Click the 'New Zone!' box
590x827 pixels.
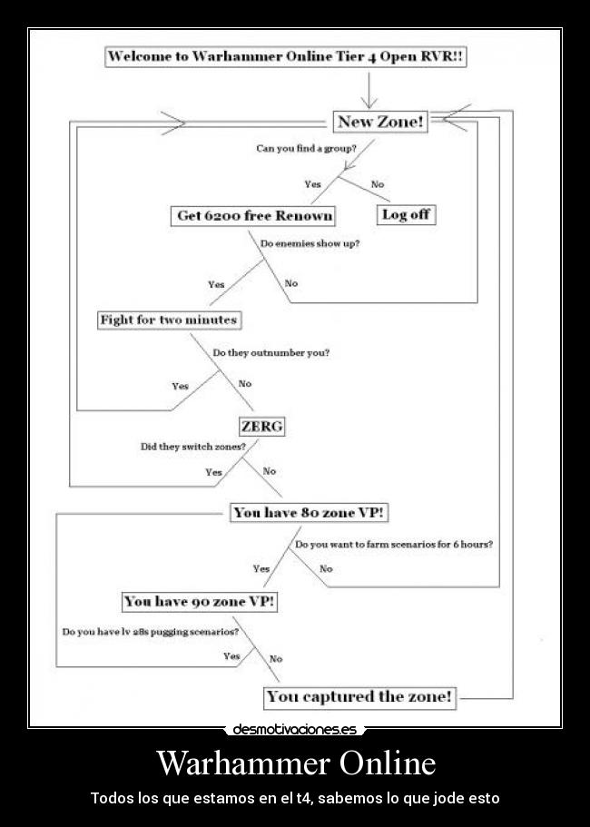[380, 122]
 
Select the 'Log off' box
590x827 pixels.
[406, 215]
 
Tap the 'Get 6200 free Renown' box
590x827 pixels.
[253, 216]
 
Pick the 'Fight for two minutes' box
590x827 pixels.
[169, 320]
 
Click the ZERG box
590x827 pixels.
[261, 426]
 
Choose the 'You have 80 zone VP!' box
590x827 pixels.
[309, 513]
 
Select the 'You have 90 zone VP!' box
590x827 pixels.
[200, 602]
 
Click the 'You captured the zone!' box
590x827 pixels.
[359, 697]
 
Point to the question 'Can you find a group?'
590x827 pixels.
[305, 148]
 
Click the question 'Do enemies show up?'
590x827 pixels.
[310, 243]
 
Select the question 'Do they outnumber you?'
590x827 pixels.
[270, 352]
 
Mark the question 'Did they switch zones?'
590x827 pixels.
[192, 447]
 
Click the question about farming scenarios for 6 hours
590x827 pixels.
[393, 545]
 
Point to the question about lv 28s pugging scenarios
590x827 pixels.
[151, 632]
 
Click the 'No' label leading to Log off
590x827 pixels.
[378, 184]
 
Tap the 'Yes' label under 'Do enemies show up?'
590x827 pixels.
[216, 284]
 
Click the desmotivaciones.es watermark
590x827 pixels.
[294, 729]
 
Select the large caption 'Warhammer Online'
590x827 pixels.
[295, 763]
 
